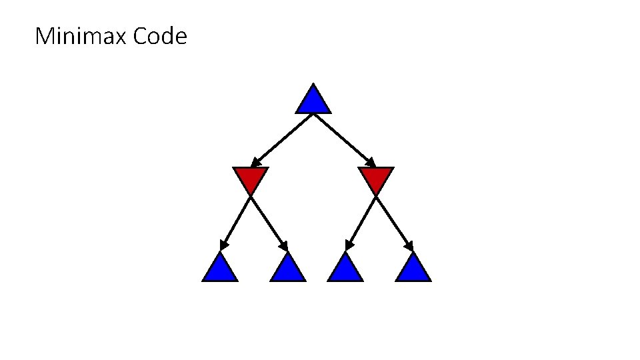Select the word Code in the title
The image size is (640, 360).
160,36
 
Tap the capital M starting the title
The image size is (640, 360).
44,36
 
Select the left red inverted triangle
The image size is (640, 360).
251,177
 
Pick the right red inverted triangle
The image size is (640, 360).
376,177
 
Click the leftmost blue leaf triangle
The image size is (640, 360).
220,269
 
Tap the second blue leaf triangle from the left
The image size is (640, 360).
288,269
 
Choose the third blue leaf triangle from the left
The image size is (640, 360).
345,269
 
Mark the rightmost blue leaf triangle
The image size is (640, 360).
413,269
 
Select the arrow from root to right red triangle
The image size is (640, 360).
344,139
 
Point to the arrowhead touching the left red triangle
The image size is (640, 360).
255,163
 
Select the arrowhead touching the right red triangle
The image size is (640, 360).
371,163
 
